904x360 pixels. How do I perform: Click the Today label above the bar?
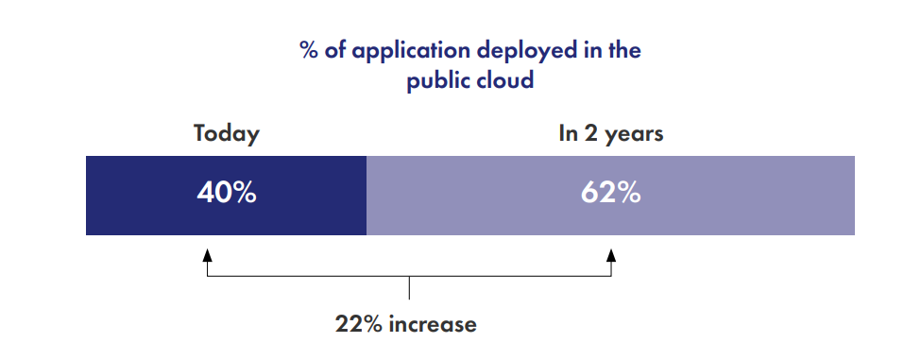pyautogui.click(x=227, y=133)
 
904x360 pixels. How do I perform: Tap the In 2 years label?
pyautogui.click(x=610, y=133)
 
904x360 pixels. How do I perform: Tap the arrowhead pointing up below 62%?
pyautogui.click(x=611, y=255)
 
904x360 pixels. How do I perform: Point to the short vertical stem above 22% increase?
pyautogui.click(x=409, y=288)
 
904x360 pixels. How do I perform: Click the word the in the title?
pyautogui.click(x=623, y=50)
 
